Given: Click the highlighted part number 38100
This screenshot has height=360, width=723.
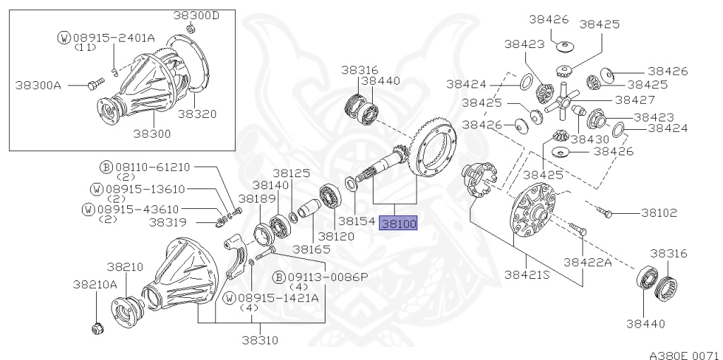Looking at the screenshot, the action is [398, 224].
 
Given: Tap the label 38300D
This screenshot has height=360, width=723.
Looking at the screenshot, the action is [196, 16].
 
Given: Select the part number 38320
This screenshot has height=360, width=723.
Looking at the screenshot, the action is [198, 114].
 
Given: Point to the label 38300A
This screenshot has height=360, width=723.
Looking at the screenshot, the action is [38, 85].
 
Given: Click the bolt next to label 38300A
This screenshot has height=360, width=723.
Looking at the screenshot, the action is [95, 83].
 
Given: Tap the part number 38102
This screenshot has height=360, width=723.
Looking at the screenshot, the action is [659, 213].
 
